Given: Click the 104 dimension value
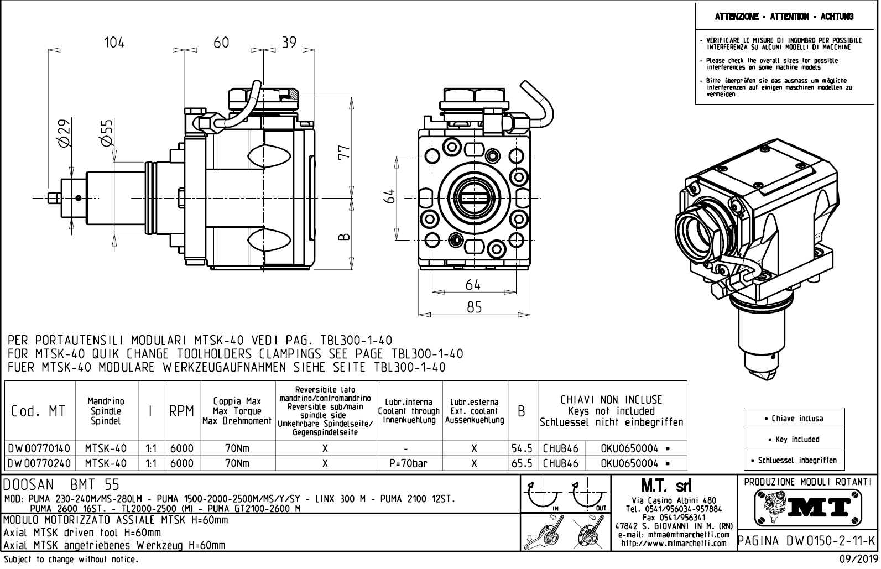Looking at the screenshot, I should pos(114,43).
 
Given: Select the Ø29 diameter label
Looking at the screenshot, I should pos(64,133).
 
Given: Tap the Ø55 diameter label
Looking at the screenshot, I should pos(107,133).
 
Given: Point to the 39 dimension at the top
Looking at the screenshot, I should pos(289,43).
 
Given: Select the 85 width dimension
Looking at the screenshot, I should pos(474,307).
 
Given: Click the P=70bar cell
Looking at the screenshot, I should pos(409,463).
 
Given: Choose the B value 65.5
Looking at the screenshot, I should pos(522,463).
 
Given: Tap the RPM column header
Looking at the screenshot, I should pos(181,411).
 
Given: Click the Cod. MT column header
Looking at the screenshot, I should pos(38,411).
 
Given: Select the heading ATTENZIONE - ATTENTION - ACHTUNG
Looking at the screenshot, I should pos(784,17).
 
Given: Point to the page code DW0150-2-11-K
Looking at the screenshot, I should pos(808,540).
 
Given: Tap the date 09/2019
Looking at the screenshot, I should pos(858,560).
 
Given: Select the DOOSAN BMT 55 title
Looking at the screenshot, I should pos(61,485).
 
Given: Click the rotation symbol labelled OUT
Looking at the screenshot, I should pos(590,496).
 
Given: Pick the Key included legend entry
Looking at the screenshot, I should pos(794,440).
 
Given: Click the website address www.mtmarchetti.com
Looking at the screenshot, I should pos(674,543).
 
